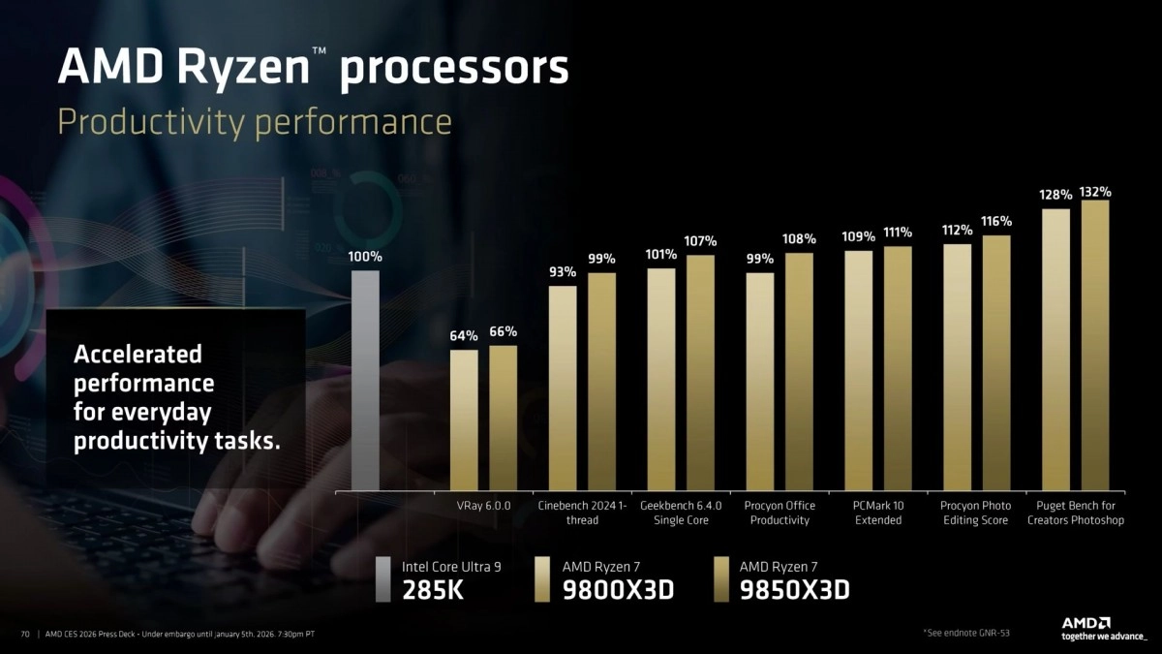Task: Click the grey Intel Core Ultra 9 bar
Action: click(364, 380)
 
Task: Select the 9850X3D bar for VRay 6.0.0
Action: click(503, 418)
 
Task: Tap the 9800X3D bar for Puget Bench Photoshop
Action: click(1055, 349)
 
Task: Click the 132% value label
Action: click(1095, 191)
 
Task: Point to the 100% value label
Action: click(365, 258)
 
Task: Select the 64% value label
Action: click(464, 336)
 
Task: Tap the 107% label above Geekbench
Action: click(700, 240)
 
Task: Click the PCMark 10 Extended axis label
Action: click(878, 513)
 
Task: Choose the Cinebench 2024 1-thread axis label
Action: click(582, 513)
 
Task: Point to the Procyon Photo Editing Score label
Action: click(975, 513)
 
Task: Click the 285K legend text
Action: click(433, 589)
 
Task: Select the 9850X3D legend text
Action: click(793, 589)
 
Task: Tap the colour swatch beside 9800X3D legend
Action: click(544, 578)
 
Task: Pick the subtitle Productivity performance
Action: click(255, 122)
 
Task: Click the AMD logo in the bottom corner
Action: click(1086, 623)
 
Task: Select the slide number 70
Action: click(25, 634)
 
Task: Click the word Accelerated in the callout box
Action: click(138, 355)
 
